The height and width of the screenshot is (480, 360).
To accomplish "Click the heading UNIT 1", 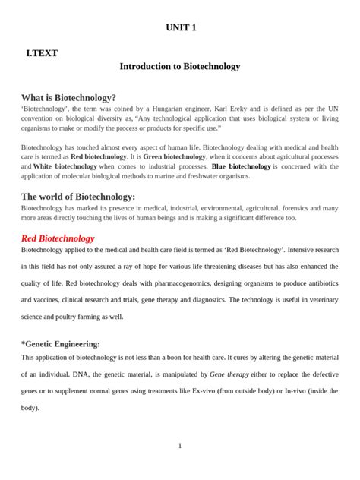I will coord(180,28).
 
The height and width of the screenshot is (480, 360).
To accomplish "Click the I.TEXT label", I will coord(43,53).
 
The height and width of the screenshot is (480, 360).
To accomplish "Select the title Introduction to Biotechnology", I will coord(180,67).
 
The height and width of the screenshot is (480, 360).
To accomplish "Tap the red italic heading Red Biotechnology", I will coord(58,238).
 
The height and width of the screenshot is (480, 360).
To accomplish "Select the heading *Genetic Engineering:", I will coord(61,344).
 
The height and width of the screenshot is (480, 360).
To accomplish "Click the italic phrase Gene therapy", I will coord(231,374).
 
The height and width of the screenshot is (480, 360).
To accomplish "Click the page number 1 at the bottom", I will coord(180,446).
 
